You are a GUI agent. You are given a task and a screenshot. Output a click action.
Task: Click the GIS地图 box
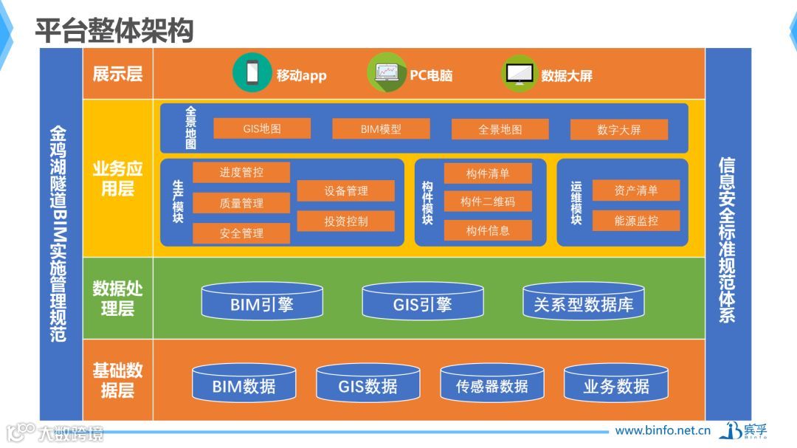pos(262,128)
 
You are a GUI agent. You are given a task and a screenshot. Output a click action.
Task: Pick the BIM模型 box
pos(381,129)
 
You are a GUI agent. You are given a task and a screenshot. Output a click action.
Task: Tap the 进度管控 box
pos(241,173)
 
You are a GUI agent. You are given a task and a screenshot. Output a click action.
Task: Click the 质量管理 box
pos(241,203)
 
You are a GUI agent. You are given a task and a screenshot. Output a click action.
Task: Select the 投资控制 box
pos(345,221)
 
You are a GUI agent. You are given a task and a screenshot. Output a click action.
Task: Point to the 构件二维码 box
pos(487,201)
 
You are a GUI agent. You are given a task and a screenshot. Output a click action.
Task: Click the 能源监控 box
pos(635,221)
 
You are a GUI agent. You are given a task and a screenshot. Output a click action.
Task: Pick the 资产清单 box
pos(635,190)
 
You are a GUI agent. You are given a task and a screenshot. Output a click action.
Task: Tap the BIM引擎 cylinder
pos(262,303)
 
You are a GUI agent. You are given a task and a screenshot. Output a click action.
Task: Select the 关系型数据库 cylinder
pos(583,303)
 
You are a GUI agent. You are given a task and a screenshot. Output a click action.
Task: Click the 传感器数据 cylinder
pos(491,385)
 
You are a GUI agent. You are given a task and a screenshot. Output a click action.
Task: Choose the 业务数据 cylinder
pos(616,385)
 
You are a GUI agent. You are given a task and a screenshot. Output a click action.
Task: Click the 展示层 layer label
pos(117,74)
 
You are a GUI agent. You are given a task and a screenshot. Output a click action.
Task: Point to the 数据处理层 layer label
pos(117,297)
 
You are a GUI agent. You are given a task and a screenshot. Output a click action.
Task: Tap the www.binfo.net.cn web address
pos(663,430)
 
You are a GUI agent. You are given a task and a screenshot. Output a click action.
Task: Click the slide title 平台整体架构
pos(114,30)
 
